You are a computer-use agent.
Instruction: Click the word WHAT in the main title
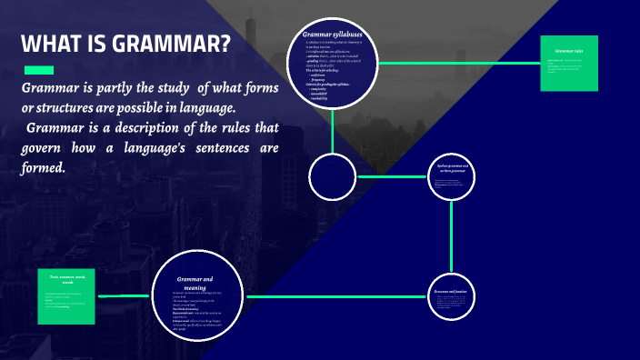click(50, 45)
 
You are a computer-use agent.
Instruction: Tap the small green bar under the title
click(38, 70)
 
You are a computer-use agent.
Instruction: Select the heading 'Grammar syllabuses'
click(333, 35)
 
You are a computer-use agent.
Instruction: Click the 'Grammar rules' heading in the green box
click(569, 51)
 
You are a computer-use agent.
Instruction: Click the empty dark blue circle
click(332, 176)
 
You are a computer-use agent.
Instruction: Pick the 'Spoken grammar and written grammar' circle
click(452, 176)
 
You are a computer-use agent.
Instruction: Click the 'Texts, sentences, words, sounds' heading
click(66, 279)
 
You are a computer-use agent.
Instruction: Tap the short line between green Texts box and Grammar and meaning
click(123, 296)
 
